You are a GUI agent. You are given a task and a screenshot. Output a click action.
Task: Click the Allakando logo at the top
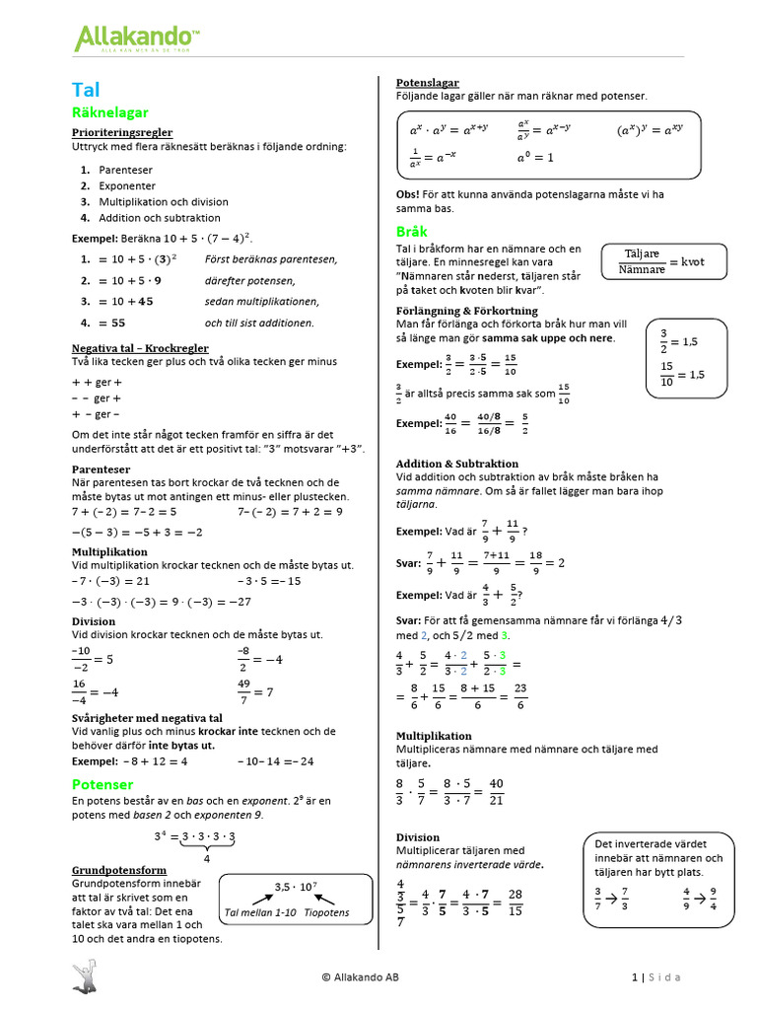pos(137,39)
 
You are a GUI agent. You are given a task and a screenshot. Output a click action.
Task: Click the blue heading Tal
pos(86,90)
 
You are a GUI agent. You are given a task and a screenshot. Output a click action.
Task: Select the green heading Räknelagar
pos(110,113)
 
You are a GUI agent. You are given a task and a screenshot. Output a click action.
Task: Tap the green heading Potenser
pos(103,784)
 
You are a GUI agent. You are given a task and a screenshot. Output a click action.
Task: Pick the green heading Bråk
pos(411,232)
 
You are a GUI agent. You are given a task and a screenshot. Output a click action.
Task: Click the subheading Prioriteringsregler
pos(122,132)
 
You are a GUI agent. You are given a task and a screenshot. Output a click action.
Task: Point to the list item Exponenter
pos(127,185)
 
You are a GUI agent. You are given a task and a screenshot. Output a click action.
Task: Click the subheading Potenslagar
pos(427,83)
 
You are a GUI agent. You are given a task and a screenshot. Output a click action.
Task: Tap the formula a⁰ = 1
pos(535,157)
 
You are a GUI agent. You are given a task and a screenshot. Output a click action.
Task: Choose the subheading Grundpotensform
pos(119,871)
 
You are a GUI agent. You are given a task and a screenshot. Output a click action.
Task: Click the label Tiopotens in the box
pos(326,912)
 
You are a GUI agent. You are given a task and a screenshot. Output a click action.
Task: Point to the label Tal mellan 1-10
pos(259,912)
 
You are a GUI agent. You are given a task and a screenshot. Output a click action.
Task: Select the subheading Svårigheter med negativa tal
pos(147,717)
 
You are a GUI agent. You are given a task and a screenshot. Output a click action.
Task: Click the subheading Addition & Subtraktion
pos(456,464)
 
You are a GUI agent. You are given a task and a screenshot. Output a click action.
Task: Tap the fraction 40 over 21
pos(496,791)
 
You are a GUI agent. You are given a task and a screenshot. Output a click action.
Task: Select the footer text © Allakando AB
pos(361,977)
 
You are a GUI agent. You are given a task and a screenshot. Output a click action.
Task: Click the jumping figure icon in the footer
pos(86,976)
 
